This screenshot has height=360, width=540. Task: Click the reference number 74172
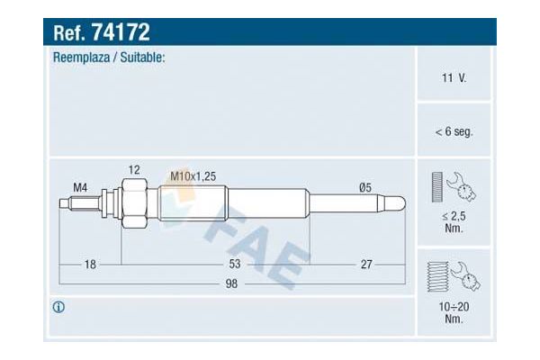121,32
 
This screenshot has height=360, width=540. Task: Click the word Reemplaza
81,58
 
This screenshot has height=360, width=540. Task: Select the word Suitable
142,58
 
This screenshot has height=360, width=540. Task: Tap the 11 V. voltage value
454,78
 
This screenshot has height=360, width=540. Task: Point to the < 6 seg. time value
454,131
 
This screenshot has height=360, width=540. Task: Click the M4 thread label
80,188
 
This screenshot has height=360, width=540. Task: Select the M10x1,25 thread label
193,176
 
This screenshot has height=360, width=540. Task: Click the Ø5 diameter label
365,188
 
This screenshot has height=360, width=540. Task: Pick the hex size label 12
134,170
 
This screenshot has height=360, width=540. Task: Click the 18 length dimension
90,265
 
